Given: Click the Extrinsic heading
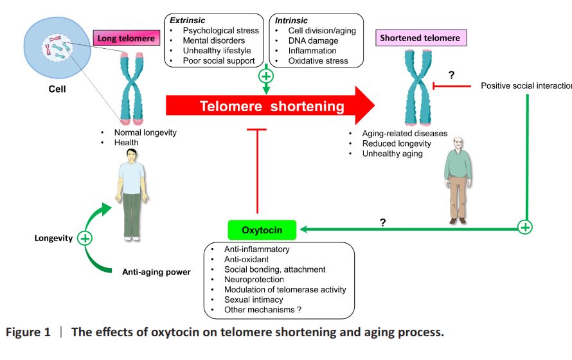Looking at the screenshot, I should (187, 21).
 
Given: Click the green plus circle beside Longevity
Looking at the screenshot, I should (85, 239).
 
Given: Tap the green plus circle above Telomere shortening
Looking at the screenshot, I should (265, 76).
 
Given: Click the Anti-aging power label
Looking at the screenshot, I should (156, 272).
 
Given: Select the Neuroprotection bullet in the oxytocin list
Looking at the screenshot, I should (254, 280).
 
